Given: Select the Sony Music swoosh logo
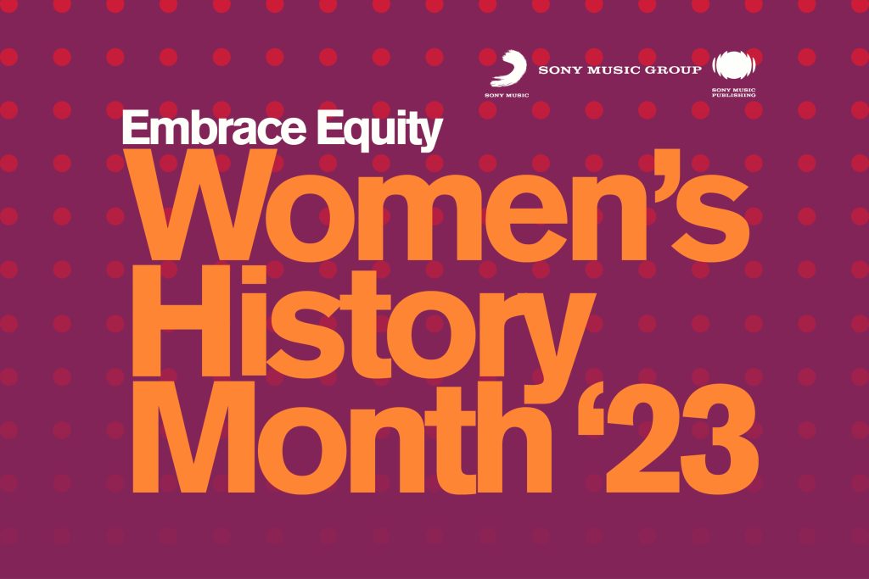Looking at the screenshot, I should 507,69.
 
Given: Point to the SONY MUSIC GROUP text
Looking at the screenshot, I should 620,69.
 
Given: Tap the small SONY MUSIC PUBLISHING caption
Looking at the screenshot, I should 733,92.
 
